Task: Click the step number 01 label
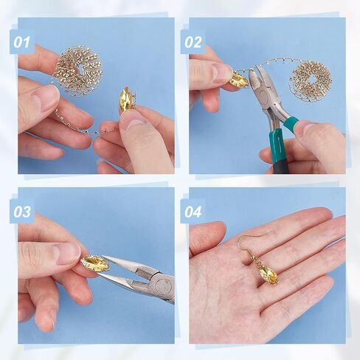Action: [21, 42]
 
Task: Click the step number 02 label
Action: [193, 42]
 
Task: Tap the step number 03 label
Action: [22, 212]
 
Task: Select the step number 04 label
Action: [193, 212]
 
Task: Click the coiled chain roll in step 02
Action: [311, 80]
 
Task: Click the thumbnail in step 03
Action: [69, 255]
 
